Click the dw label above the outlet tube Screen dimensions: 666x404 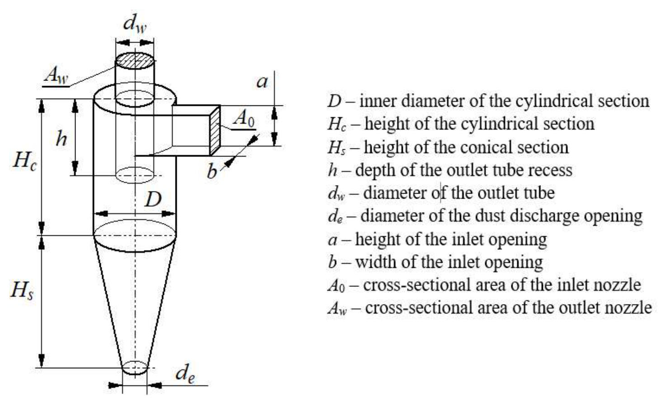135,24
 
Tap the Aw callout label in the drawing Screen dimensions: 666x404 57,75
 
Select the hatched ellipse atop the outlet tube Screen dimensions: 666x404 135,61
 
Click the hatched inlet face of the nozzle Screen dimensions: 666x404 215,130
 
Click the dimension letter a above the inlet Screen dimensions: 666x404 262,82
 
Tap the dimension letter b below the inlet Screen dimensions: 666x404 212,171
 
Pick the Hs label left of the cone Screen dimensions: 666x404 22,290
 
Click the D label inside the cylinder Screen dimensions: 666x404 153,199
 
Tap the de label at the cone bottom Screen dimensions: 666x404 185,374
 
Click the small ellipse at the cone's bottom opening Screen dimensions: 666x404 135,368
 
